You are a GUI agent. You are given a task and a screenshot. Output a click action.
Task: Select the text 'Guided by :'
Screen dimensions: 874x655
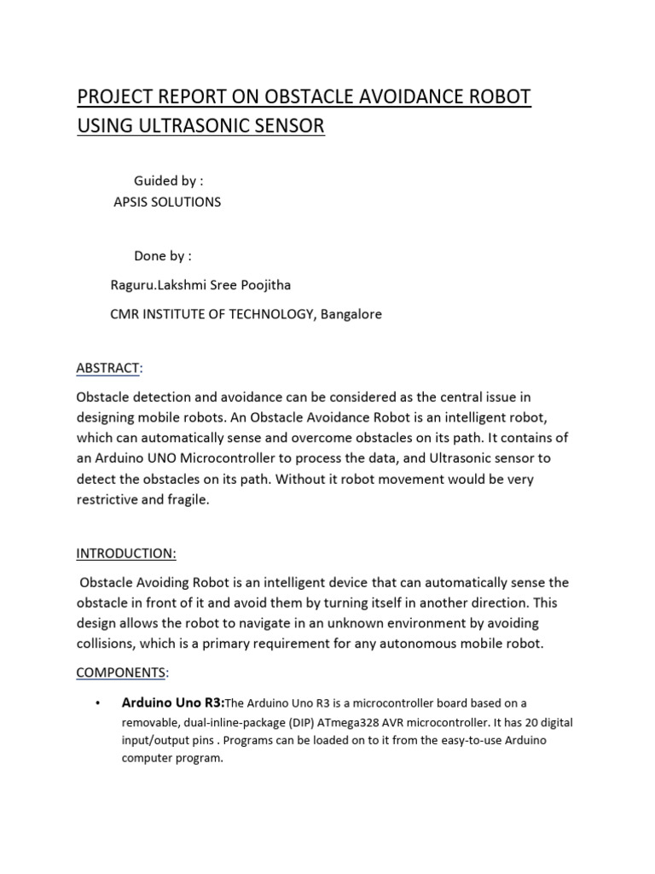(168, 181)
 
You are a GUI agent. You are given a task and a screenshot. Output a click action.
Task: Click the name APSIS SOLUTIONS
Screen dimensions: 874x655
(167, 202)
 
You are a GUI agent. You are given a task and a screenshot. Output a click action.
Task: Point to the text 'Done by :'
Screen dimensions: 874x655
(162, 256)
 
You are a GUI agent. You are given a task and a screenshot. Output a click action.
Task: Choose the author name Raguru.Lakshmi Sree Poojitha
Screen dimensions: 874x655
(194, 284)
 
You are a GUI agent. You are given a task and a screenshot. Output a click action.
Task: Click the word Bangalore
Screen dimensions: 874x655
(351, 314)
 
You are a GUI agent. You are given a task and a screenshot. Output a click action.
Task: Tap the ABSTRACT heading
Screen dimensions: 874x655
(107, 368)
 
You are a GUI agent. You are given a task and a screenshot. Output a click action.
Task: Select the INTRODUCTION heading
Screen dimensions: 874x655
(126, 553)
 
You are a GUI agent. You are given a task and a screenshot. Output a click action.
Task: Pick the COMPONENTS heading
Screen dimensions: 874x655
(120, 673)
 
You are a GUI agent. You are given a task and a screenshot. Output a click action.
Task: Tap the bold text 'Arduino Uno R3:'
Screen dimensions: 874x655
(172, 703)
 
